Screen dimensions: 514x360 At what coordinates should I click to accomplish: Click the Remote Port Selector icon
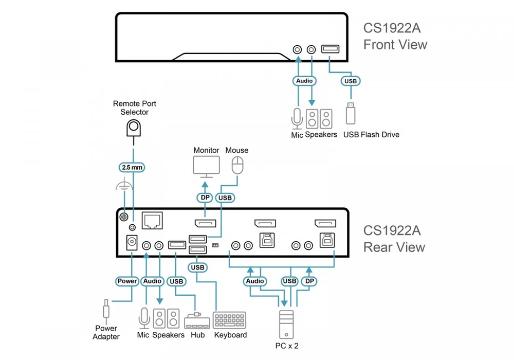click(x=134, y=128)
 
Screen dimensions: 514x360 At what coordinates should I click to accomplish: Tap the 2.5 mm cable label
click(x=132, y=167)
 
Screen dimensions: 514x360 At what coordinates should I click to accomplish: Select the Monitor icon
click(x=206, y=167)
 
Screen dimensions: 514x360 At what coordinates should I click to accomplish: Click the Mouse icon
click(x=237, y=165)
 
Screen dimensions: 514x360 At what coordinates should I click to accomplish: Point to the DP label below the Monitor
click(x=205, y=197)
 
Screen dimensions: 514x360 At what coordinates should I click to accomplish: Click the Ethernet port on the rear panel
click(x=152, y=220)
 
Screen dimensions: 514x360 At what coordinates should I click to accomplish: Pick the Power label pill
click(x=127, y=281)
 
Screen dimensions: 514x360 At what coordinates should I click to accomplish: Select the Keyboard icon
click(x=229, y=320)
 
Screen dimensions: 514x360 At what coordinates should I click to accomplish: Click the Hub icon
click(x=197, y=321)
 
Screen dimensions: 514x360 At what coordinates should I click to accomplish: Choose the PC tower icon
click(x=286, y=325)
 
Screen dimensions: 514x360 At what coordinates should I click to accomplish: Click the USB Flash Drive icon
click(x=351, y=114)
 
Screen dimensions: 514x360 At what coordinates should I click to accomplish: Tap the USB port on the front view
click(x=330, y=49)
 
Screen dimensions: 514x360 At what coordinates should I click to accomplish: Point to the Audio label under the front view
click(x=304, y=81)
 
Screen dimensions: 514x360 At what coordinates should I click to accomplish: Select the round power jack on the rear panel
click(x=132, y=242)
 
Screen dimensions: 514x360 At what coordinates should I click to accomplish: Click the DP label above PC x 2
click(x=309, y=281)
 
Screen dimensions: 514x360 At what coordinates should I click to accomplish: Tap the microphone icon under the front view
click(x=297, y=119)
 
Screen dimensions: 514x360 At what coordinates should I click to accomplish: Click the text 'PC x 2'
click(x=287, y=346)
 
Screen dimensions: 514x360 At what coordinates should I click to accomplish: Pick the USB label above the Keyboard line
click(x=197, y=267)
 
